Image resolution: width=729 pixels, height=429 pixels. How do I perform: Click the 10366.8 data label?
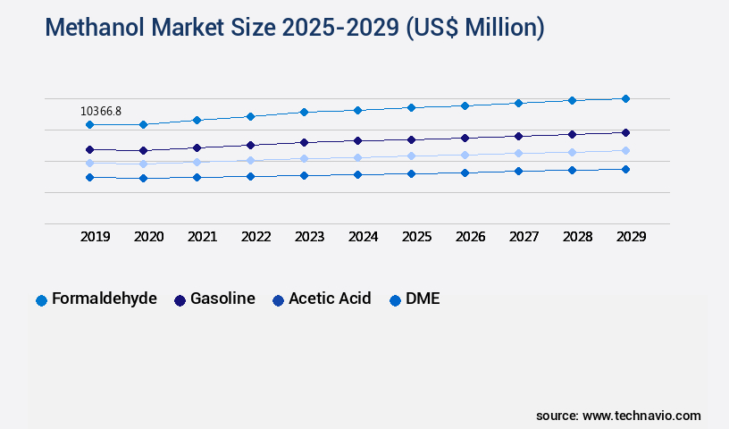tap(101, 111)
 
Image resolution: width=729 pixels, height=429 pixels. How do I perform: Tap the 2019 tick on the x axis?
tap(96, 237)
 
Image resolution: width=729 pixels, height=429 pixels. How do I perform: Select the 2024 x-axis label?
tap(363, 237)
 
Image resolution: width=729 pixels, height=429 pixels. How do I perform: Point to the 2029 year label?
tap(631, 237)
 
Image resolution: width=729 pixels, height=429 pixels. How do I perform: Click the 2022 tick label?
tap(256, 237)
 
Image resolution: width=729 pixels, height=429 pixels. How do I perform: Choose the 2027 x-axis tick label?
tap(524, 237)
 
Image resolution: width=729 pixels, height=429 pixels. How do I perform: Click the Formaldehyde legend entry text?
tap(105, 299)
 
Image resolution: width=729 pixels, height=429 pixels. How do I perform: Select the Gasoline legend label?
tap(222, 299)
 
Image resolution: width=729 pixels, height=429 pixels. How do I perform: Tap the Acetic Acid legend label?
tap(330, 299)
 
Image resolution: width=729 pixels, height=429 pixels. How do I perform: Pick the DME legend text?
tap(423, 299)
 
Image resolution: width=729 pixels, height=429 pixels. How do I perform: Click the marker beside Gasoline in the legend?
tap(180, 300)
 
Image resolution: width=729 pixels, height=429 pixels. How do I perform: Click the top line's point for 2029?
tap(625, 98)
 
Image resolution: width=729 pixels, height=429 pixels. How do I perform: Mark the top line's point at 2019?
tap(89, 124)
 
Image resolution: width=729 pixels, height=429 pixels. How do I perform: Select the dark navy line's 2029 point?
tap(625, 132)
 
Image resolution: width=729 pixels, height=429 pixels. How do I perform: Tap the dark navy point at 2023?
tap(304, 142)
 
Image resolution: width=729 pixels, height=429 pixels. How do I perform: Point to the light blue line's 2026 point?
tap(465, 155)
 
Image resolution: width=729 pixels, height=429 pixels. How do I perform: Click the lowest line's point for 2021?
tap(197, 177)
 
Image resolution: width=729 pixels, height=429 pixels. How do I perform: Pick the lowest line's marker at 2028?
tap(572, 170)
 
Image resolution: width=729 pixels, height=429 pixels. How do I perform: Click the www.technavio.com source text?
tap(641, 416)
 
